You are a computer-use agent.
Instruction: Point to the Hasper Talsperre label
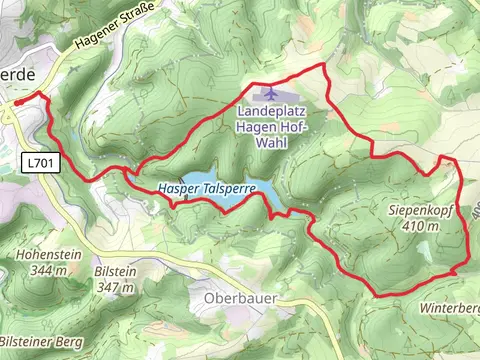[208, 188]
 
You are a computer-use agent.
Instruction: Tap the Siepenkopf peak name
[422, 211]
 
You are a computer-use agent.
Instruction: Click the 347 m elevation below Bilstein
[119, 287]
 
